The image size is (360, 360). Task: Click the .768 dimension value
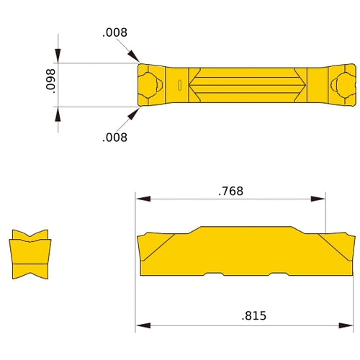(x=231, y=192)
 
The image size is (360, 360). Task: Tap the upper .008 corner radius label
(x=114, y=32)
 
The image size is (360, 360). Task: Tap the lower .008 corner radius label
(x=114, y=137)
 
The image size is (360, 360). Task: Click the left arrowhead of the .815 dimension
(x=142, y=325)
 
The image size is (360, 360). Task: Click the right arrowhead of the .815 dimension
(x=349, y=325)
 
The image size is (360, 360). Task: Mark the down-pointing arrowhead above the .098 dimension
(x=58, y=58)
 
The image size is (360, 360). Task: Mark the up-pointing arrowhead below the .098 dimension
(x=58, y=114)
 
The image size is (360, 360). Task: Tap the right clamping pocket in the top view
(x=341, y=86)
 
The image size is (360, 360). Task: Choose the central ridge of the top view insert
(x=245, y=86)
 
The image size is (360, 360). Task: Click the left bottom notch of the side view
(x=215, y=276)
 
